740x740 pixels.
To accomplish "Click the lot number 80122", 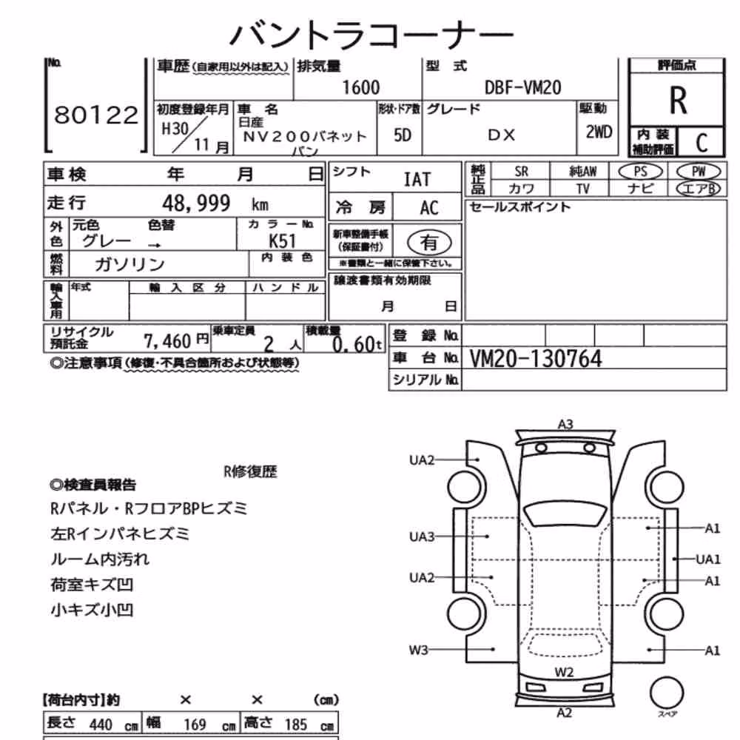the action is tap(96, 115).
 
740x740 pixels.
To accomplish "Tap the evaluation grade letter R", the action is tap(678, 101).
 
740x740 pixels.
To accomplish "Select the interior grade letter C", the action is tap(702, 142).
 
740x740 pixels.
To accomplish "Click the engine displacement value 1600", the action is tap(360, 88).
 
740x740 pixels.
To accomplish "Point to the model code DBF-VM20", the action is tap(523, 88).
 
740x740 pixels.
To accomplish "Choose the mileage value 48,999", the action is tap(196, 203).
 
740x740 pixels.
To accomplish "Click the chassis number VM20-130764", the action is tap(536, 359).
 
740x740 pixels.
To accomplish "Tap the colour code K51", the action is tap(282, 241).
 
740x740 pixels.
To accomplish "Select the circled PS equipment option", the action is tap(640, 172).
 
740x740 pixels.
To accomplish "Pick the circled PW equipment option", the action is tap(699, 172).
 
